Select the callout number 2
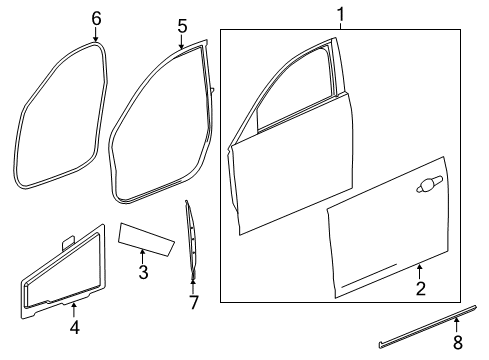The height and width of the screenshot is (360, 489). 421,290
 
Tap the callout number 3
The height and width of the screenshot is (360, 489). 142,272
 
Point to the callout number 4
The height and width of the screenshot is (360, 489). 73,326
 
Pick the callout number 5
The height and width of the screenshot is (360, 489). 181,24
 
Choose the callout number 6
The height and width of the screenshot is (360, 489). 96,17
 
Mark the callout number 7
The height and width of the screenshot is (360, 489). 194,301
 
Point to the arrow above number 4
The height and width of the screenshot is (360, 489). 73,307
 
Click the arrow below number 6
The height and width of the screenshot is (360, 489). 96,36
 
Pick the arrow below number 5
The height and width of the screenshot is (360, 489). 181,43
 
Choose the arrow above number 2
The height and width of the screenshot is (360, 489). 421,270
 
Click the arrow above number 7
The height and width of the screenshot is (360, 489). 194,282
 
